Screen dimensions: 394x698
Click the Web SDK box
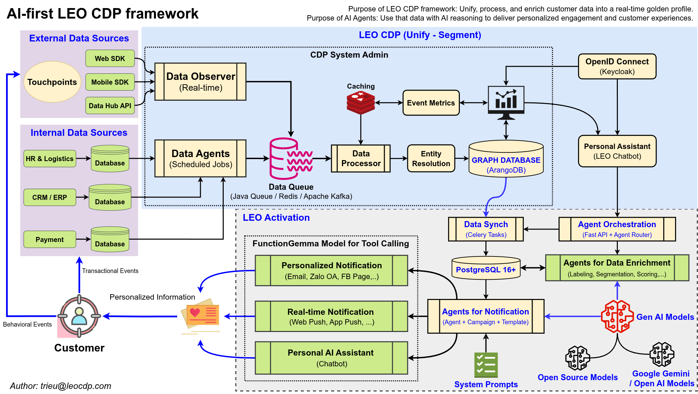point(110,58)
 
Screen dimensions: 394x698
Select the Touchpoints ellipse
point(52,82)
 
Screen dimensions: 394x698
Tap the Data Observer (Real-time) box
point(200,82)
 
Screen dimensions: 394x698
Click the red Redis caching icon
point(360,103)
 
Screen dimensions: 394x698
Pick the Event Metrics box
point(431,103)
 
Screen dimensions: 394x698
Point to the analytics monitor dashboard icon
point(506,102)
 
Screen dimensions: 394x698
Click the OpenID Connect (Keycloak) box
point(617,66)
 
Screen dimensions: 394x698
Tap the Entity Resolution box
point(431,158)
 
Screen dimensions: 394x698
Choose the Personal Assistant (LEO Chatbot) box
point(617,151)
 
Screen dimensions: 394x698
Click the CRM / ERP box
point(50,197)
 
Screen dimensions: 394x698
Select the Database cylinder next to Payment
point(110,240)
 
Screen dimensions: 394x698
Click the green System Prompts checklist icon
point(486,365)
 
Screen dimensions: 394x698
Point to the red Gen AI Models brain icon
point(617,316)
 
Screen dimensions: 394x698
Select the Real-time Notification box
point(331,316)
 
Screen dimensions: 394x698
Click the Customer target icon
point(79,316)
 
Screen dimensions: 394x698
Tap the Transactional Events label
point(110,271)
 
